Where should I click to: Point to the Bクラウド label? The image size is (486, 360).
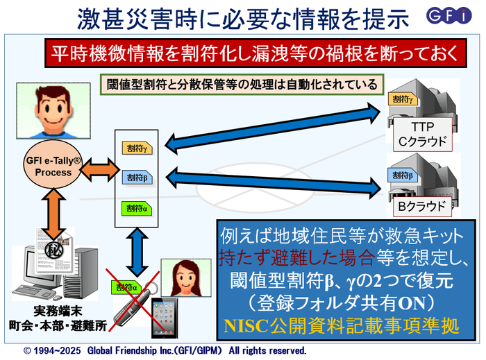[422, 206]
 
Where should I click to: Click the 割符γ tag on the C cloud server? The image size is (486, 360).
[404, 101]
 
